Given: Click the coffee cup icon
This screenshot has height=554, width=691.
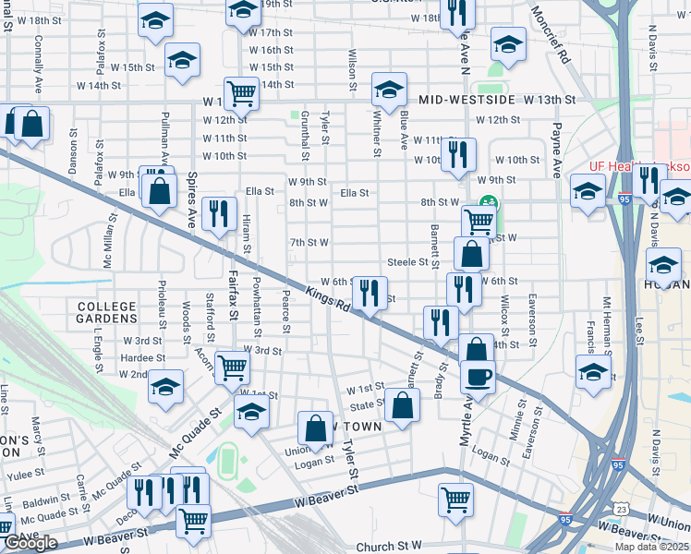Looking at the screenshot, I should click(x=478, y=377).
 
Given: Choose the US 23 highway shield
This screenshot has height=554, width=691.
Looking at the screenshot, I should click(x=623, y=508).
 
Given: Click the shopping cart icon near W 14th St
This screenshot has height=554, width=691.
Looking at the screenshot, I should click(x=241, y=91).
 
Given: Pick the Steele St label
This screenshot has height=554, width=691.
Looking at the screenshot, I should click(x=407, y=262).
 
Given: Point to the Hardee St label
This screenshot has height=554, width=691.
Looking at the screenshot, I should click(x=142, y=357).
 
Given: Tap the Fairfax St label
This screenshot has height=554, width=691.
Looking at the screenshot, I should click(x=233, y=295).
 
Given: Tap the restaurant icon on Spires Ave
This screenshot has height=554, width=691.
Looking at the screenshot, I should click(x=218, y=213).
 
